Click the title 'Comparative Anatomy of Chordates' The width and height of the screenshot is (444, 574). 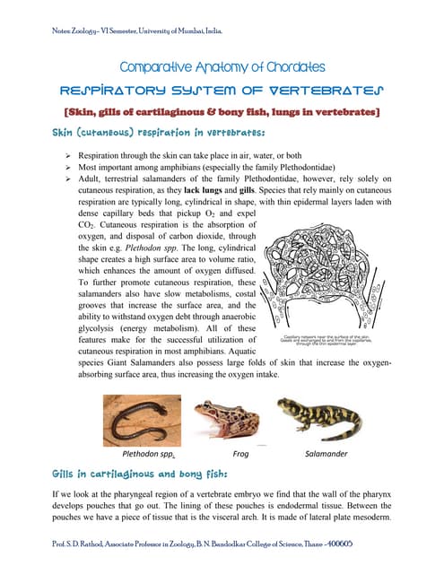point(222,66)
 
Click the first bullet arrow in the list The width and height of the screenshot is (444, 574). point(57,154)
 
